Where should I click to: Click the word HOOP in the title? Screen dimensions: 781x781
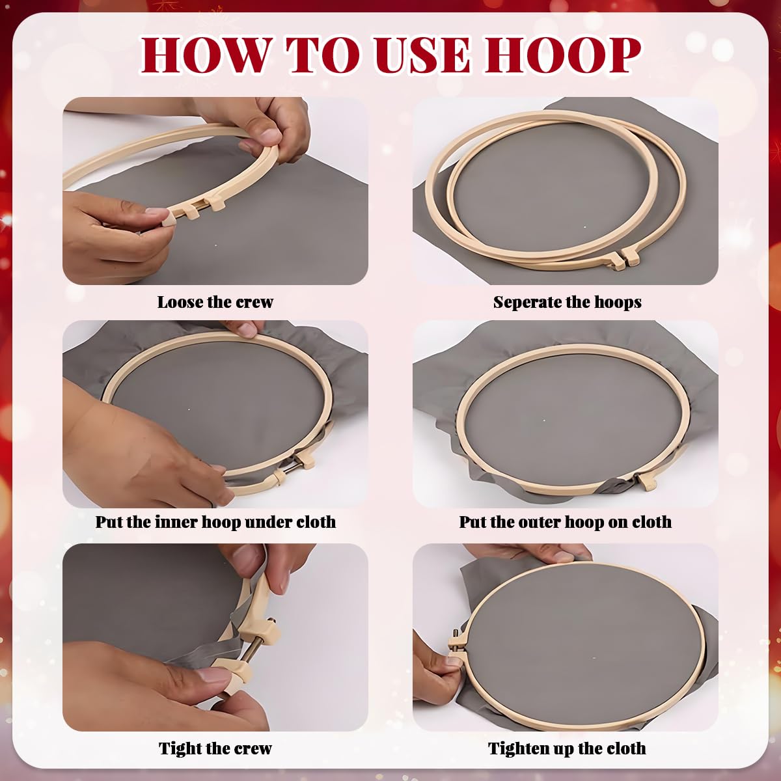tap(564, 55)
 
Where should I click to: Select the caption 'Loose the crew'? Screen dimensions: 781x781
tap(215, 302)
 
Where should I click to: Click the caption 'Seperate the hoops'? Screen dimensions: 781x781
tap(567, 302)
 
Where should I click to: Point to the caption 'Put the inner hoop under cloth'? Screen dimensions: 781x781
tap(215, 522)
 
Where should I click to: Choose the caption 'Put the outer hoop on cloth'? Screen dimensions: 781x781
tap(565, 522)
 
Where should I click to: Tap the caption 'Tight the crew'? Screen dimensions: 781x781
tap(215, 748)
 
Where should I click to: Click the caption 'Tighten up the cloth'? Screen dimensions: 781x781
tap(567, 748)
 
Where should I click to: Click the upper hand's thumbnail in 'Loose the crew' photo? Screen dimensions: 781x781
tap(269, 135)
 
